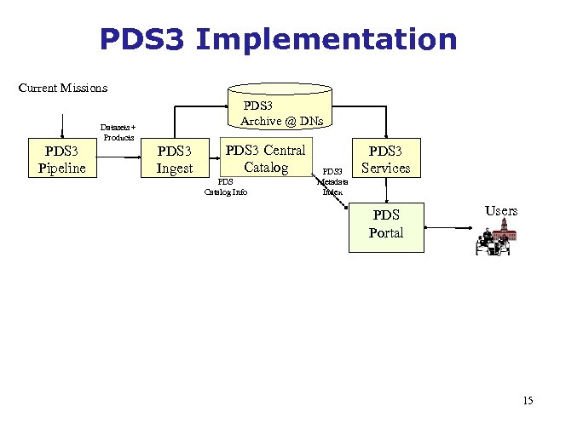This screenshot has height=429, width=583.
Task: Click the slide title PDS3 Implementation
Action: pos(278,40)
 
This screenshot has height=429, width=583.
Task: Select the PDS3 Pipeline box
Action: pos(61,159)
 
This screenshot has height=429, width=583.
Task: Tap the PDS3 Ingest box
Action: pos(175,159)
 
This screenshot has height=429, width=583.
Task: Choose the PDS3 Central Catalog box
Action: pos(265,158)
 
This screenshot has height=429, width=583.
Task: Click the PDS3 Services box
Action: pos(385,159)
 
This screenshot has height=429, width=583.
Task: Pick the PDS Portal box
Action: pos(385,223)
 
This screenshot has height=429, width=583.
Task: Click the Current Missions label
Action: pos(63,88)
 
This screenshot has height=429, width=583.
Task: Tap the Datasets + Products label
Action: pos(118,132)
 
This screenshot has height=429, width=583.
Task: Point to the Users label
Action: pos(500,210)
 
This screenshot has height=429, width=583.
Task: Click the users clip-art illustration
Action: pos(494,241)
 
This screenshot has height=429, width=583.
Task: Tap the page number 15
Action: pos(528,400)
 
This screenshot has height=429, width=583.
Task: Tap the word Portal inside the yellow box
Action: pos(385,232)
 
